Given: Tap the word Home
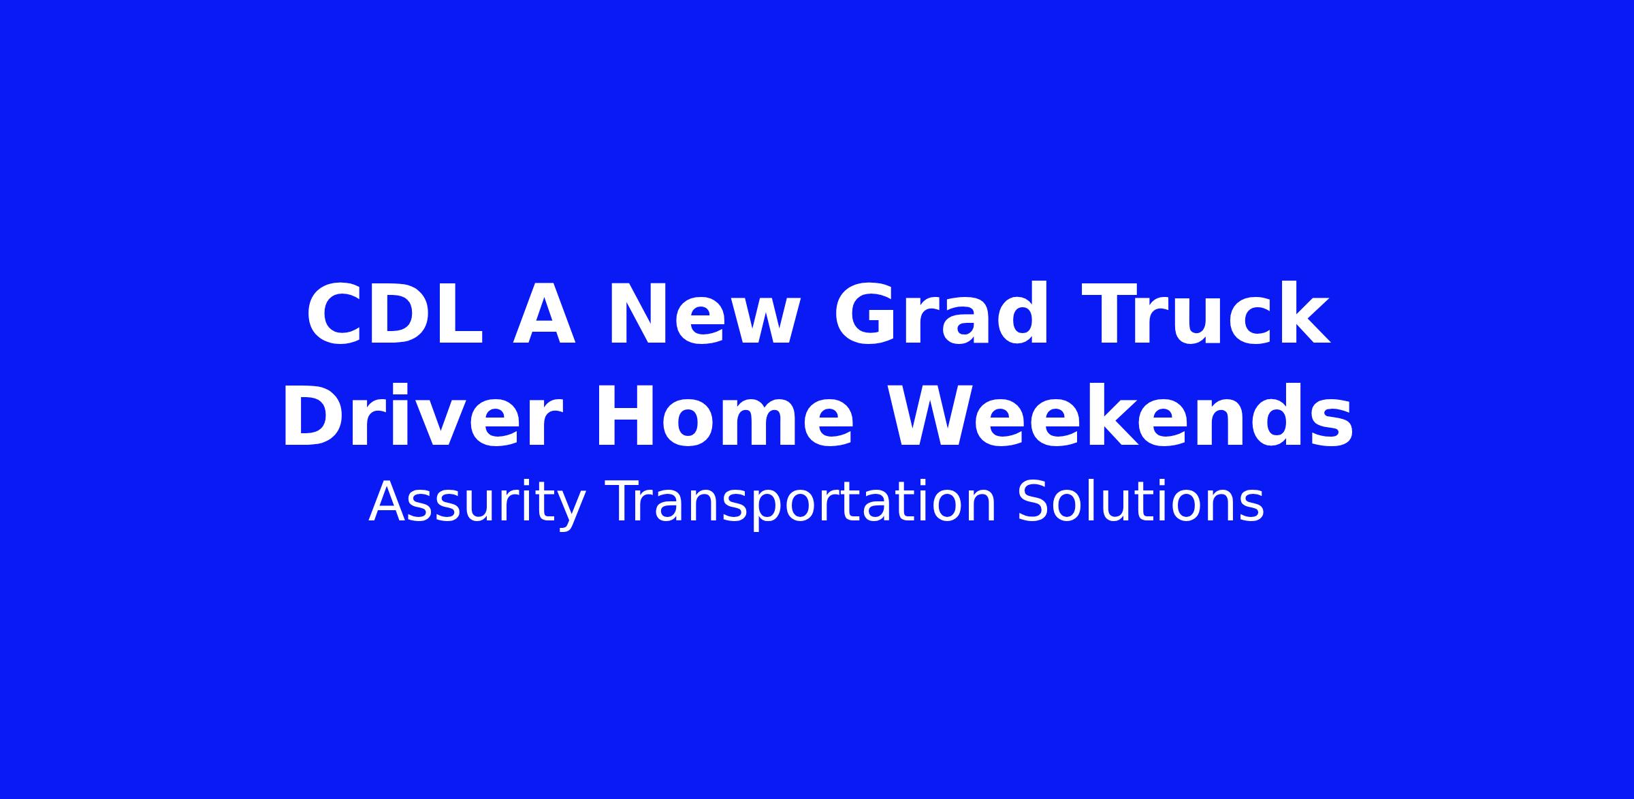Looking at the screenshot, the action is click(x=724, y=416).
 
